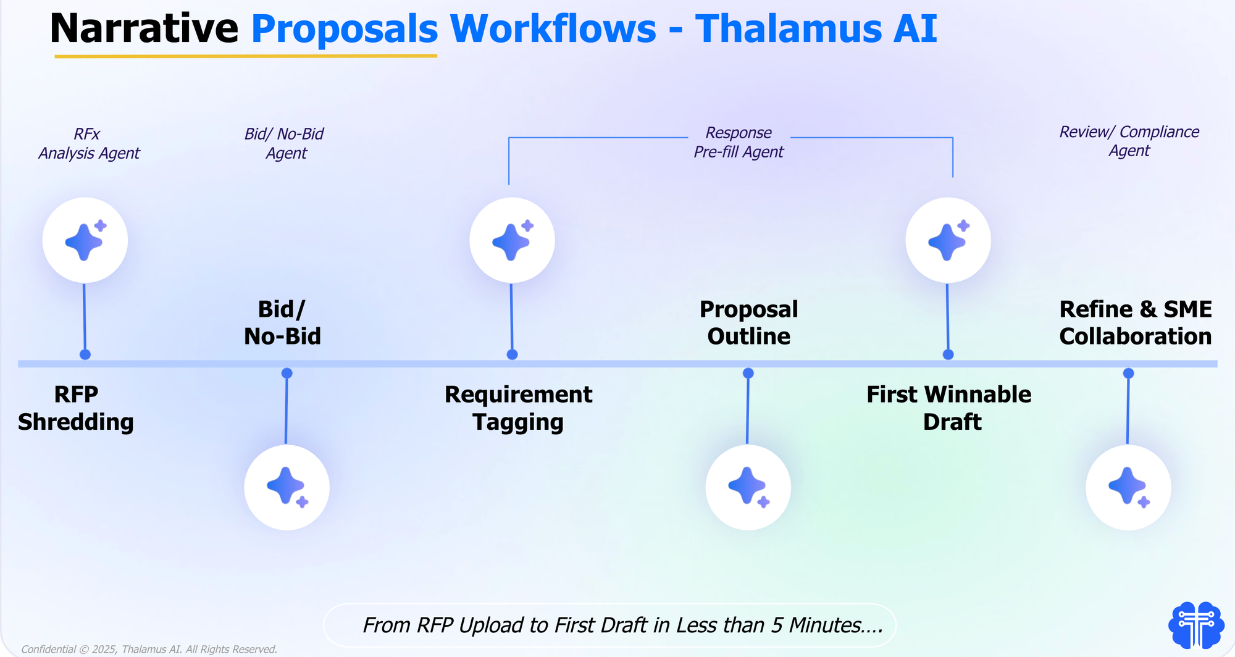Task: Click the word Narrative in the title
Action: point(144,28)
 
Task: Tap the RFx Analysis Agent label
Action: point(89,143)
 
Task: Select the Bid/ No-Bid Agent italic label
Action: point(285,143)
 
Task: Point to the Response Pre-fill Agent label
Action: point(739,142)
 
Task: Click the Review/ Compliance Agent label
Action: point(1129,141)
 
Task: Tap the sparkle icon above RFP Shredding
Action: point(85,240)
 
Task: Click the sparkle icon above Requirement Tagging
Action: point(512,240)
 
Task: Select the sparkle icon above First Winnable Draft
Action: point(948,240)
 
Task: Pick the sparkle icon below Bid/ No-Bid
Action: point(287,487)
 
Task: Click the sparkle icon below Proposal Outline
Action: point(748,487)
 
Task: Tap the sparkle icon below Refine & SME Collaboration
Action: point(1128,487)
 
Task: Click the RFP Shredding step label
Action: point(76,408)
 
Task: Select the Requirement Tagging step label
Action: point(518,408)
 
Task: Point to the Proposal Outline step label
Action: point(748,322)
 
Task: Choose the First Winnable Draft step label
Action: point(949,408)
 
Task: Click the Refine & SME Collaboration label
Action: point(1136,322)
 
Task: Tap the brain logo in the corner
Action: point(1196,625)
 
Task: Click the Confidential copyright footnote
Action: point(149,649)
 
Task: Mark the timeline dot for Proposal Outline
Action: point(748,373)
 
